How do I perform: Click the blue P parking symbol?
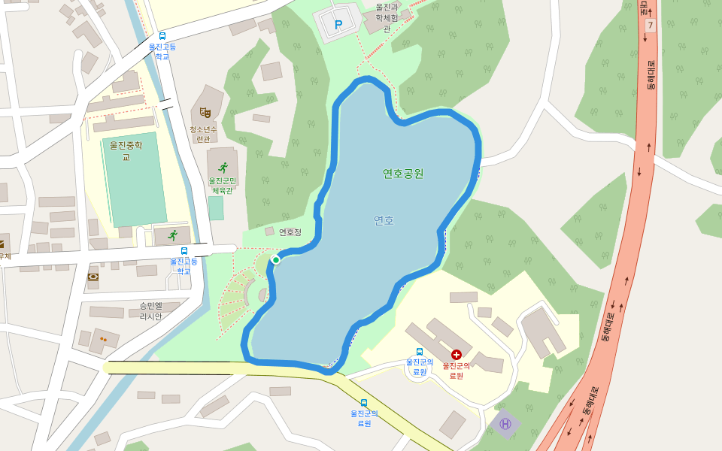point(338,25)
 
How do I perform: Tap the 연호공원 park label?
point(403,174)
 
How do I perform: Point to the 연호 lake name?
point(384,220)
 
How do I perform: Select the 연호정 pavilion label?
point(290,232)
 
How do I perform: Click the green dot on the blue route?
point(276,260)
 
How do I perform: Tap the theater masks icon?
point(205,113)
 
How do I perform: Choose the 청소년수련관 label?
point(203,134)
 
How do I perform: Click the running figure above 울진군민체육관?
point(223,168)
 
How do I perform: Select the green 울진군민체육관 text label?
point(223,186)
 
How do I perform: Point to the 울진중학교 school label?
point(126,150)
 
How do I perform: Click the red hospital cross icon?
point(456,354)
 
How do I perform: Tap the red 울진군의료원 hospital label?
point(456,371)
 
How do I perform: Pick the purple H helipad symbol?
point(505,424)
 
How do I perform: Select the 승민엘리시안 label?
point(150,311)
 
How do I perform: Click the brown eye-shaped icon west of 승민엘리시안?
point(93,277)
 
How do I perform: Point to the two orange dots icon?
point(103,340)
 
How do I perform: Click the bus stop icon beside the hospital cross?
point(419,351)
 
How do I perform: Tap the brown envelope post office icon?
point(2,244)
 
